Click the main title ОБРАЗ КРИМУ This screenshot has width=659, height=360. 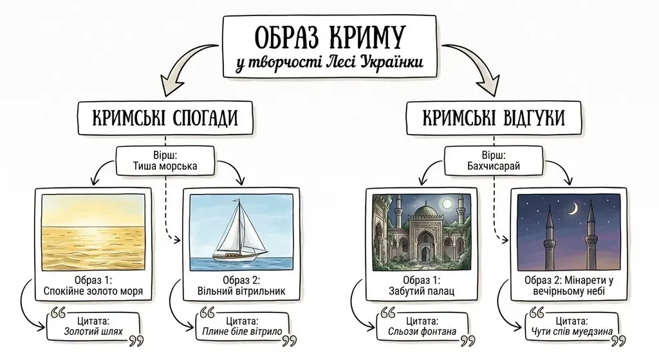(x=329, y=37)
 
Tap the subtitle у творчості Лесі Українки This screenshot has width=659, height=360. (x=329, y=64)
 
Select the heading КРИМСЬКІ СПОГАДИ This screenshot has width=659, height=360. (x=165, y=118)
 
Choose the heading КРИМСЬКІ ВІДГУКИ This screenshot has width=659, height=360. (x=494, y=118)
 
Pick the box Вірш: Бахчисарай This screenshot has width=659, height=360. (x=494, y=162)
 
